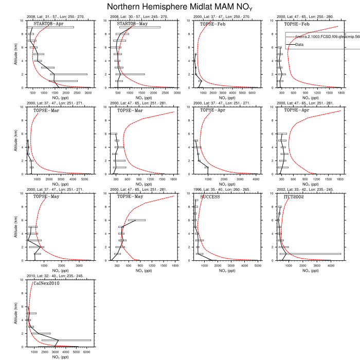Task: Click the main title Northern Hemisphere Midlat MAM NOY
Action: point(180,7)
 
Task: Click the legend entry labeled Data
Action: point(299,44)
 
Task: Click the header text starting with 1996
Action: point(216,191)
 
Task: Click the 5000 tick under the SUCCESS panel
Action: point(258,265)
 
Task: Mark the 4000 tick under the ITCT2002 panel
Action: point(330,265)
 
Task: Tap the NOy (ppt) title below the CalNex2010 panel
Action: point(61,357)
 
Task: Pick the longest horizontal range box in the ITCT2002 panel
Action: point(310,254)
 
